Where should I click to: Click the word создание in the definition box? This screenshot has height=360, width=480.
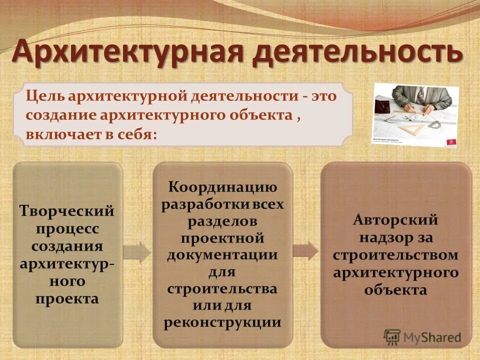pyautogui.click(x=61, y=115)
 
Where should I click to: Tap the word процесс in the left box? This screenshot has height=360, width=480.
pyautogui.click(x=67, y=229)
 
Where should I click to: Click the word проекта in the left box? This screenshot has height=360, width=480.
pyautogui.click(x=67, y=298)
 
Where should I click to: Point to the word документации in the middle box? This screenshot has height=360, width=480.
pyautogui.click(x=222, y=254)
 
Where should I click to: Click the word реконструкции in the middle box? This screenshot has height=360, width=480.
pyautogui.click(x=222, y=321)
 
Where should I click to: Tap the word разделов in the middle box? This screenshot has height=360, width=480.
pyautogui.click(x=222, y=221)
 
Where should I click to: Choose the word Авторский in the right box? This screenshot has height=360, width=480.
pyautogui.click(x=395, y=219)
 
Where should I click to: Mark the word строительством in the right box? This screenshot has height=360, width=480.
pyautogui.click(x=395, y=254)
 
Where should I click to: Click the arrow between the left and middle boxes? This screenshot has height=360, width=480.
pyautogui.click(x=136, y=252)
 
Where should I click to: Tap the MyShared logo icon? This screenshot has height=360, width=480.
pyautogui.click(x=392, y=336)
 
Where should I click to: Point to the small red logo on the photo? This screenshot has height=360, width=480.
pyautogui.click(x=451, y=141)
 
